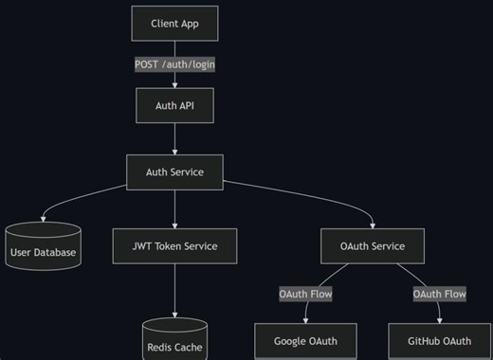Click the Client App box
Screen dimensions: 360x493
174,23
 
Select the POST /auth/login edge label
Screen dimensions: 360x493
174,64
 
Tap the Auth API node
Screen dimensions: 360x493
174,105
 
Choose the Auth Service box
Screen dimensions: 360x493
174,172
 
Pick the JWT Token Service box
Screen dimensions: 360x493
174,246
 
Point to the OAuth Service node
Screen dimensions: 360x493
373,246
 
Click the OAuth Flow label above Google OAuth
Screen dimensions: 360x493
305,294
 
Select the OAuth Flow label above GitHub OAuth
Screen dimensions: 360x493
439,294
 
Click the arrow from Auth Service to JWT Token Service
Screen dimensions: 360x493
174,208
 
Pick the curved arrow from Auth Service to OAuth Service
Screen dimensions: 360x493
313,196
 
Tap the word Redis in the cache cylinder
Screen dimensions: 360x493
161,348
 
